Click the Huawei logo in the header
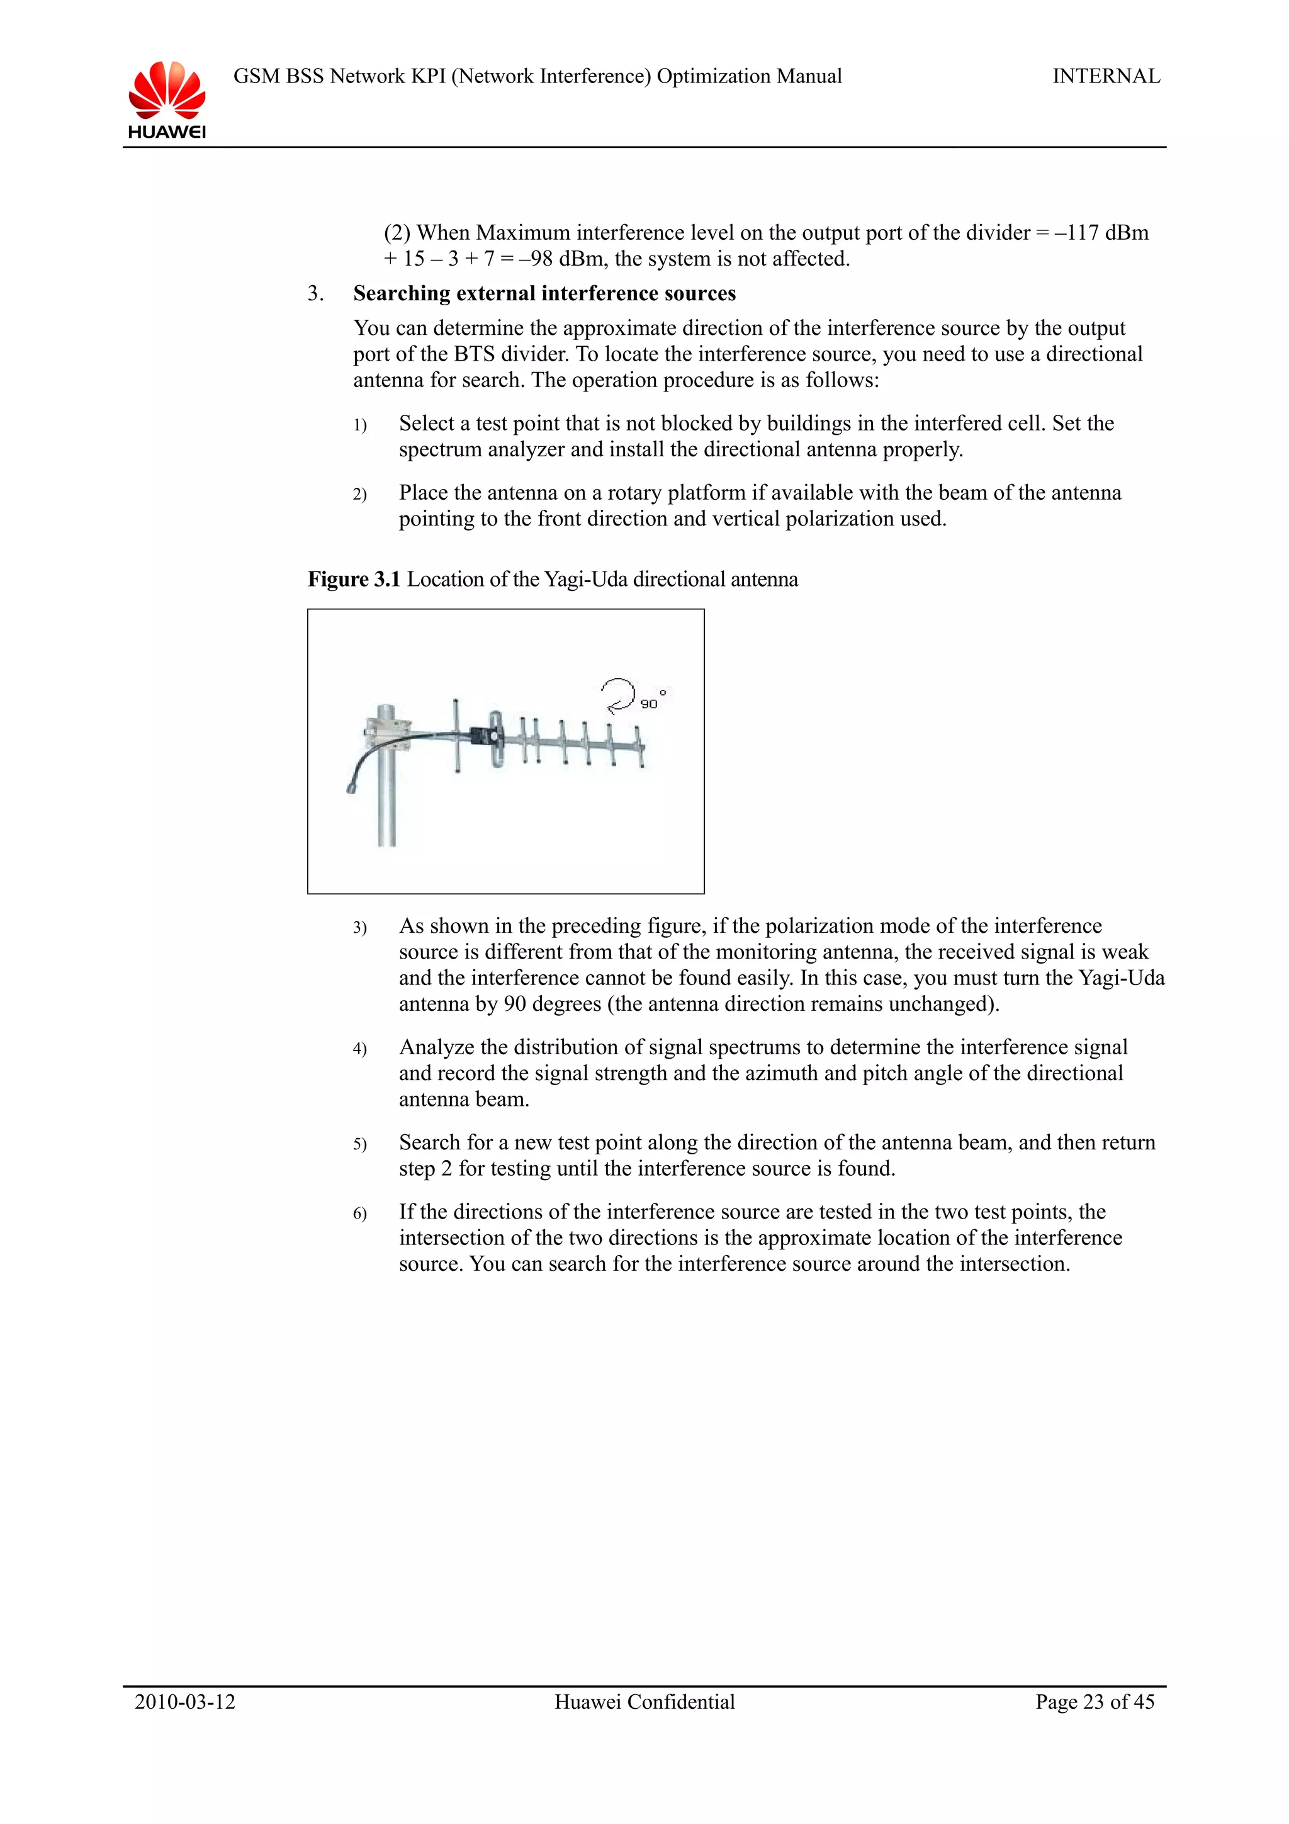tap(167, 99)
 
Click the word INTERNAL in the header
tap(1106, 76)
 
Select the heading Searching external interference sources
tap(544, 293)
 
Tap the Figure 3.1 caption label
tap(354, 579)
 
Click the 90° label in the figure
tap(652, 702)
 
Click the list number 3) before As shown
tap(360, 928)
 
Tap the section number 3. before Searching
tap(315, 294)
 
